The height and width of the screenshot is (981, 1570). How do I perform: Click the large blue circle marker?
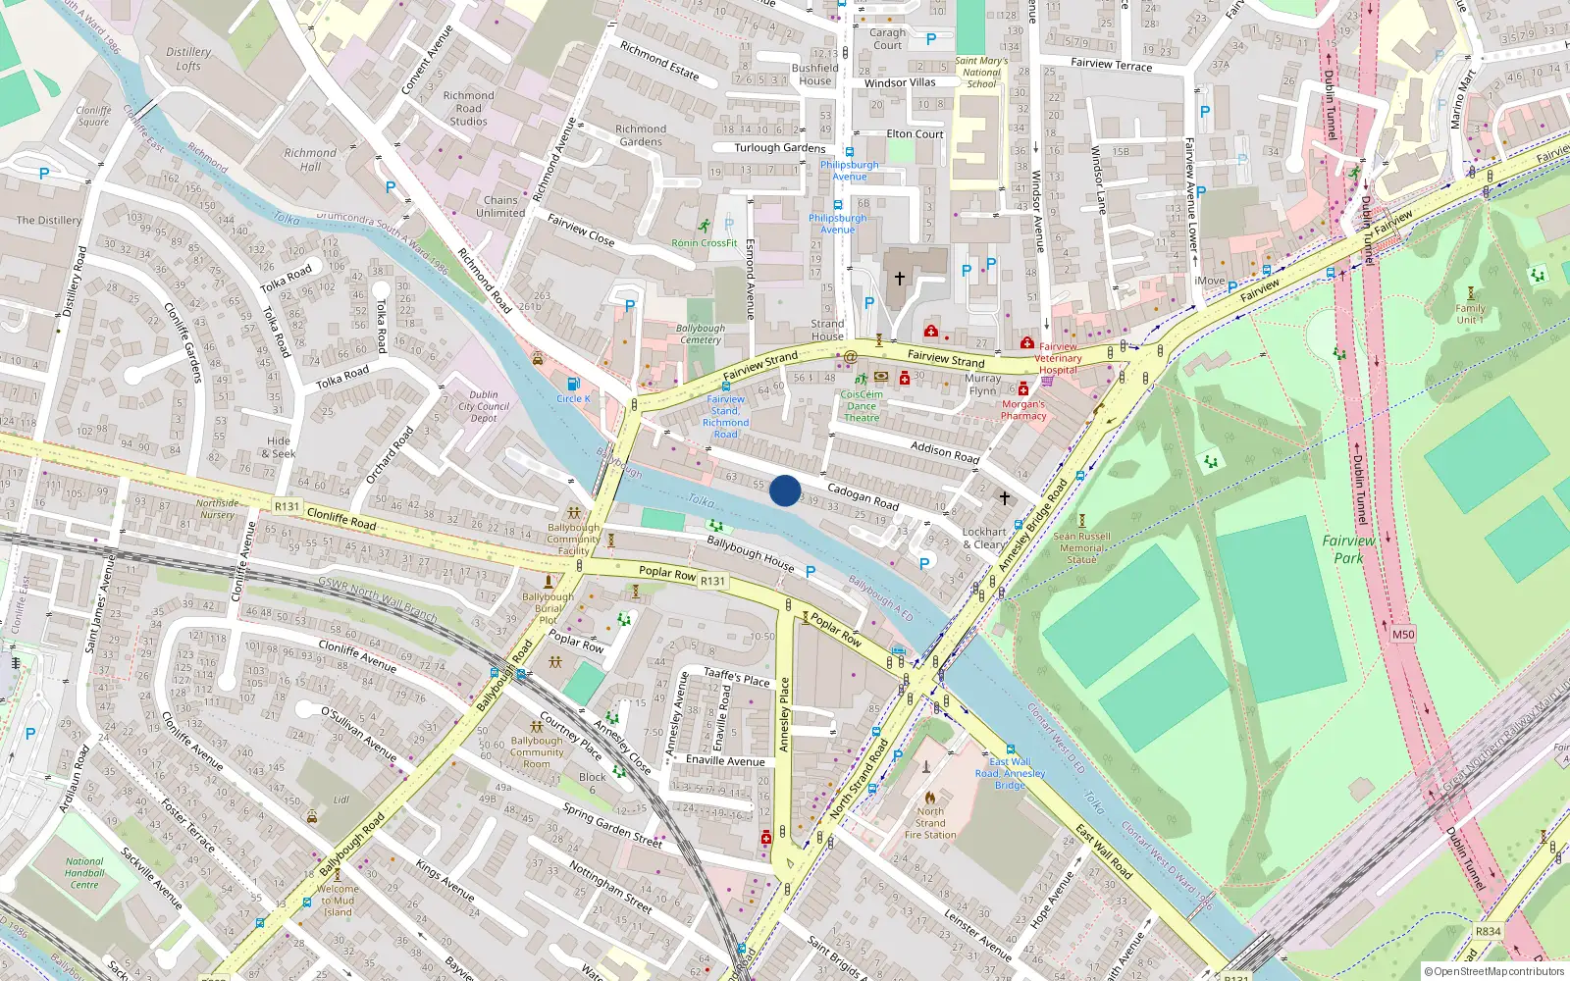[x=785, y=490]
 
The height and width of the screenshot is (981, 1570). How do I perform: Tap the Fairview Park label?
[x=1348, y=549]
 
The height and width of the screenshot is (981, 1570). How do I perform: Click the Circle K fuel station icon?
[x=574, y=385]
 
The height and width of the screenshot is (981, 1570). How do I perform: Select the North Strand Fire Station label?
[x=929, y=823]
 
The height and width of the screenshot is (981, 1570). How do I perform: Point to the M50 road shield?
[x=1403, y=634]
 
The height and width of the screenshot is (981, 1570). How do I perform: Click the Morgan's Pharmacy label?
[x=1023, y=410]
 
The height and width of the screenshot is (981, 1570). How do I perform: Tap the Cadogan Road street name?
[x=863, y=495]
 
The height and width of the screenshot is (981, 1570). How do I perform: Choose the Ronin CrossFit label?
[x=704, y=242]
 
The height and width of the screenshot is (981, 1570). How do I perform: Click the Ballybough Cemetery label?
[x=701, y=335]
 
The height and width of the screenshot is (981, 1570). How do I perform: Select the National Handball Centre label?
[x=84, y=873]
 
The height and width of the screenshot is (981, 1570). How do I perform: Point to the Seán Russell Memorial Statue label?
[x=1081, y=547]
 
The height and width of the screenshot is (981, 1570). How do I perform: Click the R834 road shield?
[x=1488, y=931]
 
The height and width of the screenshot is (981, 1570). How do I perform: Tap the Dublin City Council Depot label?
[x=484, y=406]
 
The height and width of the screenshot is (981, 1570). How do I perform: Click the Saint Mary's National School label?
[x=981, y=73]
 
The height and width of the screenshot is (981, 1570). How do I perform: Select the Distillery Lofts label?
[x=188, y=59]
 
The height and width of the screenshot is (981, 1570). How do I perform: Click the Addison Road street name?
[x=945, y=451]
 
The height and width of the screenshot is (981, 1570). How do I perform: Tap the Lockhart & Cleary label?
[x=984, y=539]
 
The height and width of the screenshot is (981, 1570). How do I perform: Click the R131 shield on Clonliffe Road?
[x=287, y=506]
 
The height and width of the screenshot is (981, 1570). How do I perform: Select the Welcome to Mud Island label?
[x=338, y=901]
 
